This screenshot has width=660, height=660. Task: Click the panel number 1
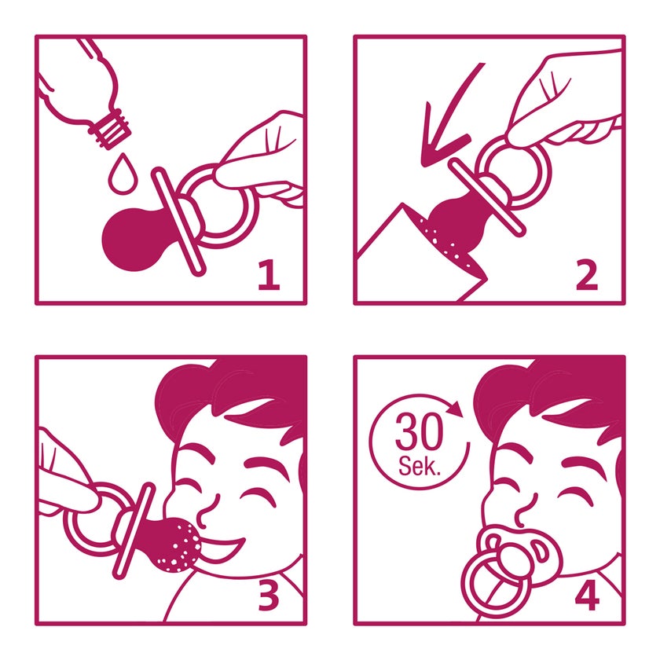point(269,275)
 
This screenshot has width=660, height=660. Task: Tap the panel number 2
point(587,275)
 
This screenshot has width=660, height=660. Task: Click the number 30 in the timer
point(420,431)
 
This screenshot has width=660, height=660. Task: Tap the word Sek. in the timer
point(420,465)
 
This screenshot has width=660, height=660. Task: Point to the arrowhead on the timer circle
point(455,409)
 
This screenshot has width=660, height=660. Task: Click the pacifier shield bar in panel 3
point(134,531)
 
